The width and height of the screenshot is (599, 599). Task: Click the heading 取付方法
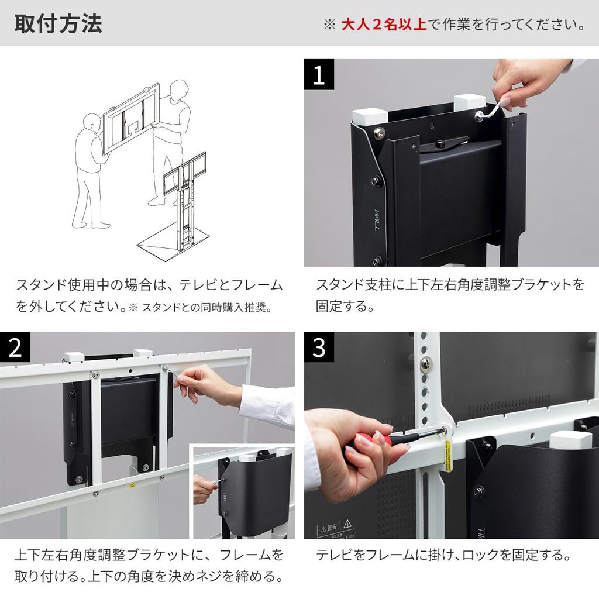click(x=57, y=24)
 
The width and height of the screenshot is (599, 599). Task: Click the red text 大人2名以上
click(x=384, y=25)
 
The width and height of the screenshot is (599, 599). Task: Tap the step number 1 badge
click(x=319, y=74)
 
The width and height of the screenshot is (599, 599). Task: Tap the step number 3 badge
click(x=319, y=347)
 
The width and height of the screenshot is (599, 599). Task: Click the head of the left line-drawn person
click(x=91, y=123)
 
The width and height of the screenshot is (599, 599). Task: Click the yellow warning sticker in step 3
click(x=448, y=457)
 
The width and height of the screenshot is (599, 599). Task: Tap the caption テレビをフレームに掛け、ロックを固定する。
click(x=443, y=555)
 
